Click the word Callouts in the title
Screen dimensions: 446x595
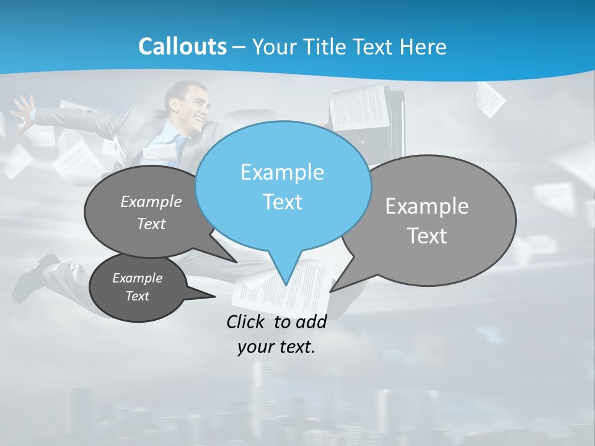click(182, 46)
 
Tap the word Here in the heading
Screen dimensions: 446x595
click(424, 47)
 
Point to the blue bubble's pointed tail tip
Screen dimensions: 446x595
click(286, 284)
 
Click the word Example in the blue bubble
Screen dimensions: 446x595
click(282, 172)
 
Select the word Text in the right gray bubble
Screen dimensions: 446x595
click(427, 236)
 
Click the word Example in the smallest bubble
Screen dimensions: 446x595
click(137, 278)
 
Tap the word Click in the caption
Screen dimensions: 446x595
click(247, 321)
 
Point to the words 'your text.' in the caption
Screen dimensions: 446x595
click(276, 347)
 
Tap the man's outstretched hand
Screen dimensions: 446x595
click(24, 111)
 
